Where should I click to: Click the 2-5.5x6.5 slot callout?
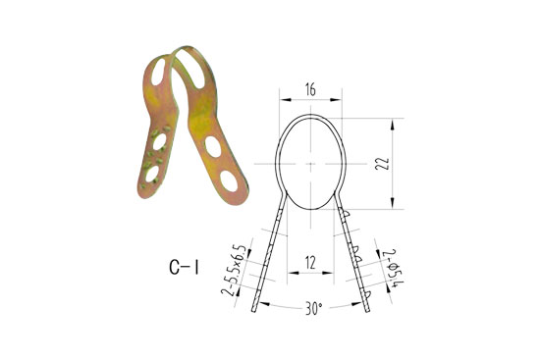click(236, 271)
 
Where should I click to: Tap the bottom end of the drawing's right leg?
click(370, 313)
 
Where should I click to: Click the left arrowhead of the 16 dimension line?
click(282, 100)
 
